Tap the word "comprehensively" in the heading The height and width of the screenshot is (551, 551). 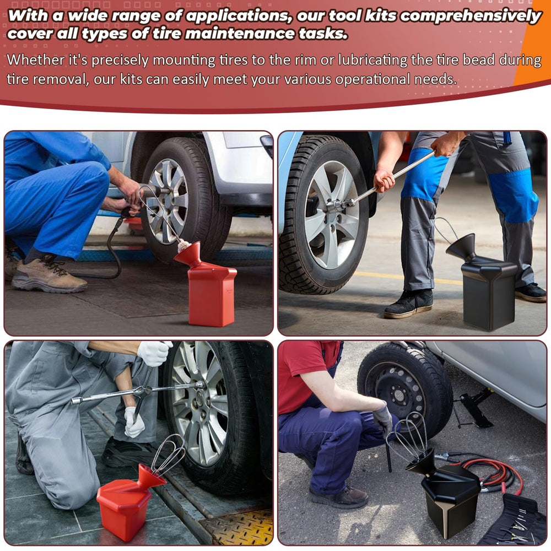[x=471, y=16]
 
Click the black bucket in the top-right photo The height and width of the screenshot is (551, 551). [x=485, y=285]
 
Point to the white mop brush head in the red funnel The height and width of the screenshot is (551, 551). [x=184, y=246]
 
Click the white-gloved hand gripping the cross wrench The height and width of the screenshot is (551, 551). [x=154, y=353]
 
